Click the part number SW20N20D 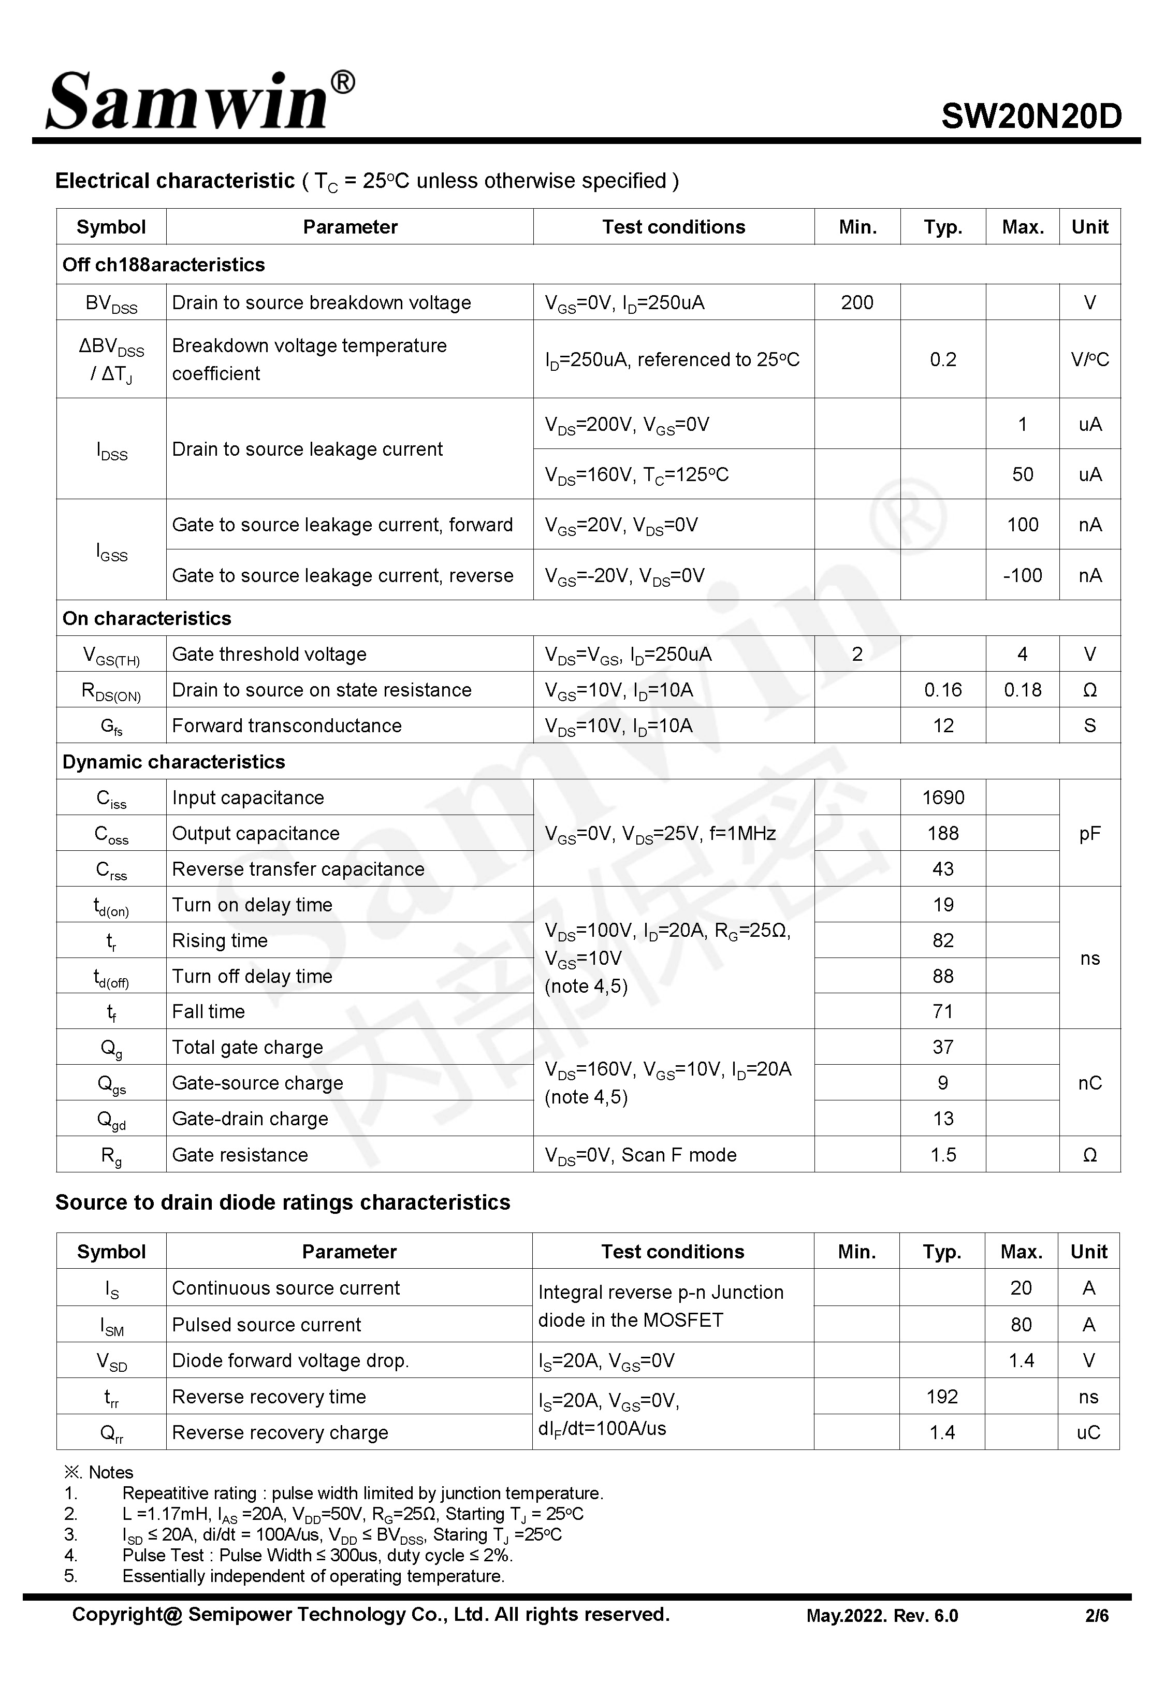pyautogui.click(x=1031, y=115)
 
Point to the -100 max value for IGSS pyautogui.click(x=1022, y=575)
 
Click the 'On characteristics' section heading pyautogui.click(x=147, y=618)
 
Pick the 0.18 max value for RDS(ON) pyautogui.click(x=1022, y=690)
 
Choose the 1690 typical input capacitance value pyautogui.click(x=942, y=797)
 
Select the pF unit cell pyautogui.click(x=1089, y=833)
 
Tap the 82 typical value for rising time pyautogui.click(x=942, y=940)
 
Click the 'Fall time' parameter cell pyautogui.click(x=209, y=1011)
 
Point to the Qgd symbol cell pyautogui.click(x=112, y=1119)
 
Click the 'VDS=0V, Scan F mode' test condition pyautogui.click(x=640, y=1155)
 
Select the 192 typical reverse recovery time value pyautogui.click(x=942, y=1396)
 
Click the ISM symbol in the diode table pyautogui.click(x=112, y=1325)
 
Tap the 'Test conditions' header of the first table pyautogui.click(x=673, y=227)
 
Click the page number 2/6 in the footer pyautogui.click(x=1096, y=1615)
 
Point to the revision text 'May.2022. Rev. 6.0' pyautogui.click(x=882, y=1615)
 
